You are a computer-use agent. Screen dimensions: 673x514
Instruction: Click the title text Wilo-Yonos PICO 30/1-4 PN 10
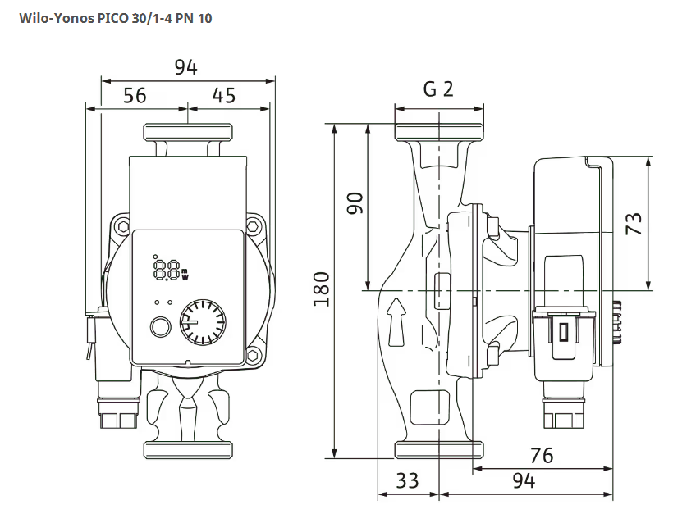[x=116, y=18]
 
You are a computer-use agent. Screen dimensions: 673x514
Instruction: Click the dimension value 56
[x=135, y=96]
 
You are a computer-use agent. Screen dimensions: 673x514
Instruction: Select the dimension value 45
[x=224, y=96]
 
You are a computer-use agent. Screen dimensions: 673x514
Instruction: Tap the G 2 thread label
[x=438, y=89]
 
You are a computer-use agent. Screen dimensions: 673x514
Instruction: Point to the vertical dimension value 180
[x=322, y=289]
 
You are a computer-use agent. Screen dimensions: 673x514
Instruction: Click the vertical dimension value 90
[x=355, y=203]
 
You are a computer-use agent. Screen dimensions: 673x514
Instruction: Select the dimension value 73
[x=634, y=223]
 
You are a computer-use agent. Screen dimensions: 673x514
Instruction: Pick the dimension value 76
[x=542, y=456]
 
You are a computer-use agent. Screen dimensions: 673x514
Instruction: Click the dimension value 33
[x=407, y=480]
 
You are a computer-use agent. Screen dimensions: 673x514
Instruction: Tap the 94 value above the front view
[x=185, y=68]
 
